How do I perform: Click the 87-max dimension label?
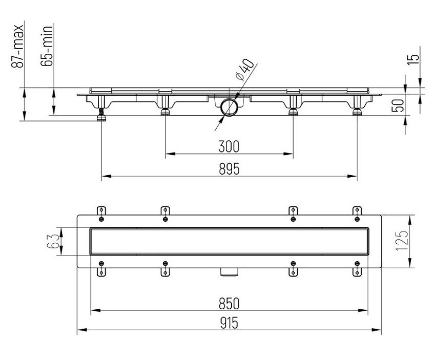click(17, 47)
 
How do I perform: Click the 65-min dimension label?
click(47, 46)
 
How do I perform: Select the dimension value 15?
click(414, 59)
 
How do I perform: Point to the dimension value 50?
click(398, 105)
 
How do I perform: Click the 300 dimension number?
click(229, 146)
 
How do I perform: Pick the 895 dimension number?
click(229, 169)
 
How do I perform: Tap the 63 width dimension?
click(53, 241)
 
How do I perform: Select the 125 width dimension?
click(402, 241)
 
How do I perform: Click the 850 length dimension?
click(229, 304)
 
